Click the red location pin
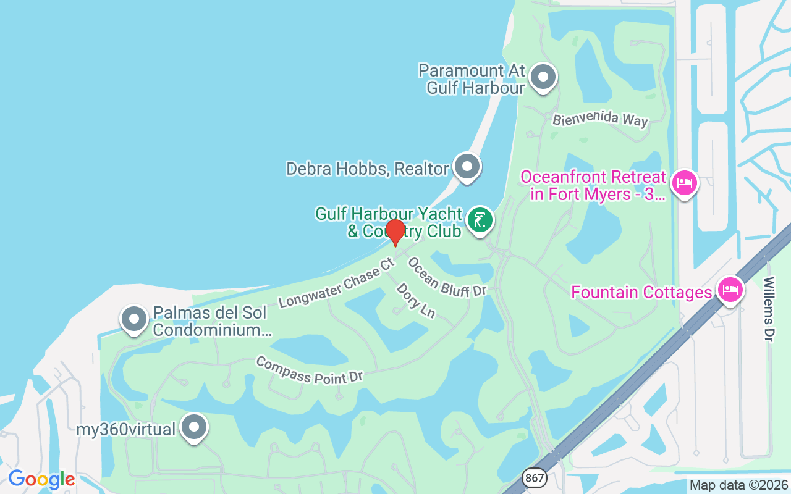(x=395, y=232)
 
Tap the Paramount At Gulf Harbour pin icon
(x=543, y=78)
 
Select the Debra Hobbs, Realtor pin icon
(x=467, y=167)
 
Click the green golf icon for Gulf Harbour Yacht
(x=480, y=220)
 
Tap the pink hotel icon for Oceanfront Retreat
(x=684, y=183)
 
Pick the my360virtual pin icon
(x=195, y=427)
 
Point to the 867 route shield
(x=535, y=477)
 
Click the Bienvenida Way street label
(x=600, y=119)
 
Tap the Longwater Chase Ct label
(x=336, y=283)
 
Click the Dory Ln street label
(x=416, y=301)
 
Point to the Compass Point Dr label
(x=309, y=370)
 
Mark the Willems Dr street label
(x=768, y=309)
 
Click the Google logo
(x=41, y=479)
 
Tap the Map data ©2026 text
(x=738, y=485)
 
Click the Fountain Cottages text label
(x=641, y=292)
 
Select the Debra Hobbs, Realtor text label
(x=367, y=169)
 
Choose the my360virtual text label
(x=126, y=429)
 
